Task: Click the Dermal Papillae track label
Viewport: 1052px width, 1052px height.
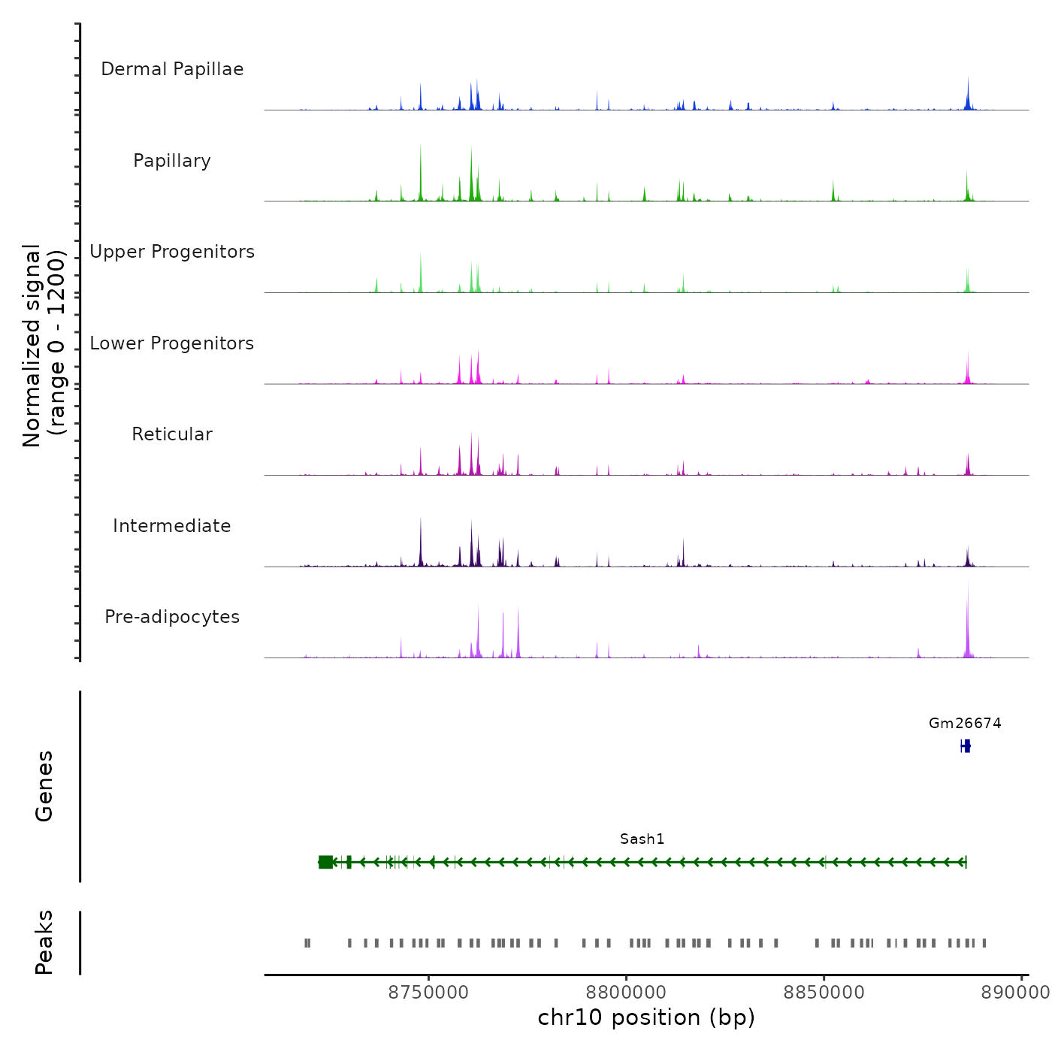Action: pos(172,69)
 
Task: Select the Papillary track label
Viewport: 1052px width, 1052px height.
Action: pos(172,161)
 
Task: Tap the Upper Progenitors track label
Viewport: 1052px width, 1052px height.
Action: pos(172,252)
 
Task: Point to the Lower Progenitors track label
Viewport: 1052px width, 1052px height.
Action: pos(172,343)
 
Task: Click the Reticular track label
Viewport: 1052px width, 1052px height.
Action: pos(172,434)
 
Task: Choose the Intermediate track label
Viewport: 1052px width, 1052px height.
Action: pos(172,526)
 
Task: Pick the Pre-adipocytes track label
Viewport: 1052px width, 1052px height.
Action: pos(172,617)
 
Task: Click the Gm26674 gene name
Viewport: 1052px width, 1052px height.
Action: pos(965,724)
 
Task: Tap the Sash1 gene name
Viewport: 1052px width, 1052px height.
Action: pos(642,839)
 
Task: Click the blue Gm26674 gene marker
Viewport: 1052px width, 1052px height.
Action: pos(966,745)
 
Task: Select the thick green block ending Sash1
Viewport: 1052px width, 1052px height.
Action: pos(325,862)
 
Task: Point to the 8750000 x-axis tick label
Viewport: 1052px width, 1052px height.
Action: pos(428,993)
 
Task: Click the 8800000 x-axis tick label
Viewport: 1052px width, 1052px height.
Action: pos(626,993)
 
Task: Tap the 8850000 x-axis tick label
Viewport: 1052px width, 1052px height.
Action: pos(824,993)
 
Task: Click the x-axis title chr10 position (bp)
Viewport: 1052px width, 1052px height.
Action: pos(646,1017)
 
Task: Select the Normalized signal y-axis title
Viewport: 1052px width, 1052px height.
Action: pos(44,345)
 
